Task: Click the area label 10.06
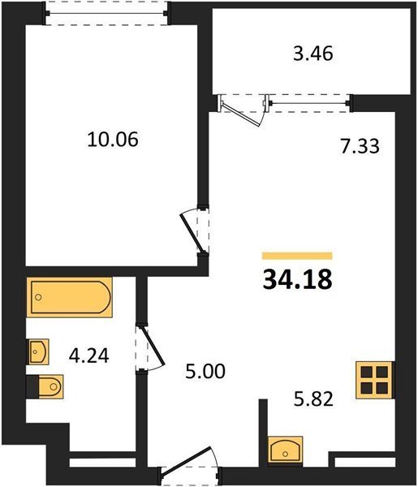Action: (113, 140)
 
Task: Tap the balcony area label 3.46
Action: (313, 54)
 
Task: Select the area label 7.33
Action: (360, 146)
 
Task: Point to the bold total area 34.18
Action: (297, 279)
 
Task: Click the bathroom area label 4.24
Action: (88, 356)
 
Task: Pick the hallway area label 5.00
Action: (205, 372)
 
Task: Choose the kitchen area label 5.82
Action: (313, 399)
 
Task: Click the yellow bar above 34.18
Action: (297, 256)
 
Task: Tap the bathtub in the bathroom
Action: (69, 297)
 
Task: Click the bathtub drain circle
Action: (38, 297)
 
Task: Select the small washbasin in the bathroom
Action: (38, 351)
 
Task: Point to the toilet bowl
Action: (51, 386)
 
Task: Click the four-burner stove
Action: (374, 380)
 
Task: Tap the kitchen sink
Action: (286, 449)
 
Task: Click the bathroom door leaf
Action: (152, 345)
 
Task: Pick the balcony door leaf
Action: (241, 114)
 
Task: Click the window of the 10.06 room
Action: (106, 13)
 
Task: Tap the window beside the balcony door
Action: (309, 103)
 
